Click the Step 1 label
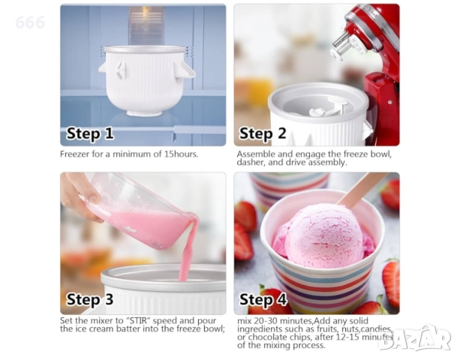coord(90,133)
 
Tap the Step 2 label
coord(263,133)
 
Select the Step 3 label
coord(90,299)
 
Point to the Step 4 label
coord(263,299)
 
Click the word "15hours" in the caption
coord(180,154)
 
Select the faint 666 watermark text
coord(30,22)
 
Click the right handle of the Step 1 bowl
coord(185,70)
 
